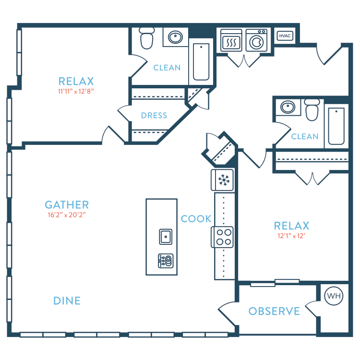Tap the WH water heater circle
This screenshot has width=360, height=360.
[x=334, y=296]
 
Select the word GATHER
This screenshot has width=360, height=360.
[x=67, y=204]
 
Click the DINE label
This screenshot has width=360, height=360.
[x=67, y=301]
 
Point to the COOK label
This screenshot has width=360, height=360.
[x=196, y=219]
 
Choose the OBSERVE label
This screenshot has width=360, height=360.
[x=274, y=311]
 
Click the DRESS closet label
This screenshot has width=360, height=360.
[x=154, y=115]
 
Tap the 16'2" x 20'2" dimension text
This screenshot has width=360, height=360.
[x=67, y=215]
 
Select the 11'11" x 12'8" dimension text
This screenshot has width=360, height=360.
[x=76, y=91]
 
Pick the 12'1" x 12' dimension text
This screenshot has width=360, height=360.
[x=291, y=235]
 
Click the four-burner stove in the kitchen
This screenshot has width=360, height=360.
[x=222, y=237]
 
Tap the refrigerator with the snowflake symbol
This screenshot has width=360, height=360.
[x=223, y=180]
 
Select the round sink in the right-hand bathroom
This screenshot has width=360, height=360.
[x=288, y=107]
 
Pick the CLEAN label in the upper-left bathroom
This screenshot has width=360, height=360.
[x=167, y=68]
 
